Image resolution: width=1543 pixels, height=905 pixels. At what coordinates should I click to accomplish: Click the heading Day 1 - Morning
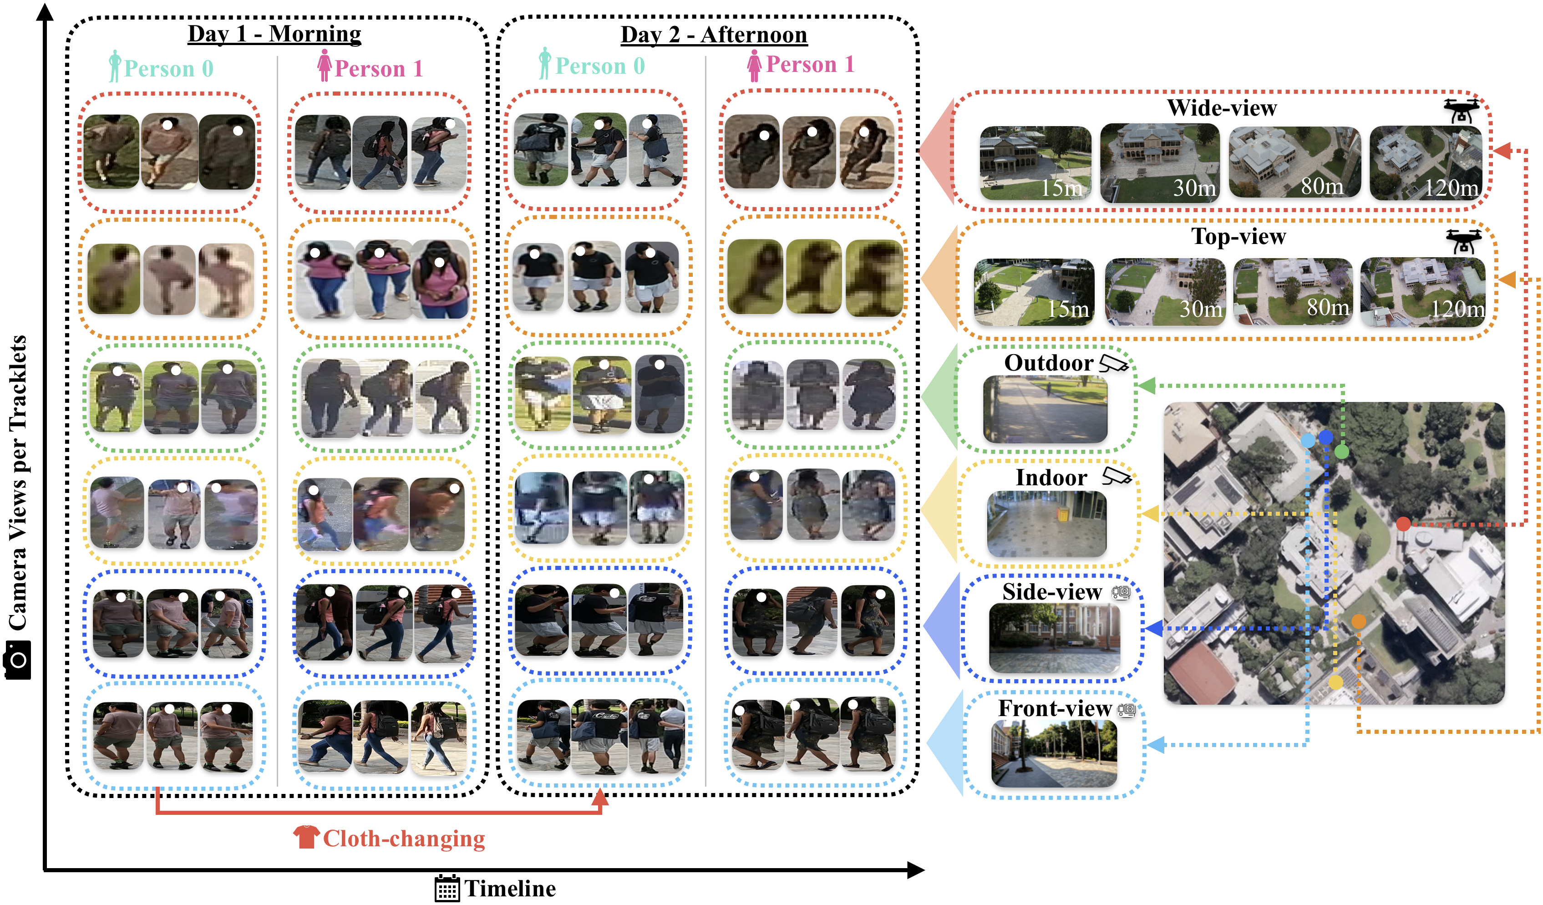[x=274, y=34]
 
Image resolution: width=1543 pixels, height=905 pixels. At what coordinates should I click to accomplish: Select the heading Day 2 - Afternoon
[x=714, y=35]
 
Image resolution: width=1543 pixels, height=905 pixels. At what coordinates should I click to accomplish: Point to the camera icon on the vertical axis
[x=18, y=660]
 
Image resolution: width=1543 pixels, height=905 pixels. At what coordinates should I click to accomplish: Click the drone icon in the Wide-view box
[x=1461, y=111]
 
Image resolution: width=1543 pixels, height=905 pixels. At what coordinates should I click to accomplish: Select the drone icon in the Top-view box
[x=1463, y=241]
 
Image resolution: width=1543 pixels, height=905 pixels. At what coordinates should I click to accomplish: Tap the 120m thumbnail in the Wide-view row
[x=1426, y=163]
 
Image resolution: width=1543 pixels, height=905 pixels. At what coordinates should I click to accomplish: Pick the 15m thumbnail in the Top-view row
[x=1034, y=291]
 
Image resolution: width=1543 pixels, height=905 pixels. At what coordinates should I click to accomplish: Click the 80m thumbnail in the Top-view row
[x=1293, y=291]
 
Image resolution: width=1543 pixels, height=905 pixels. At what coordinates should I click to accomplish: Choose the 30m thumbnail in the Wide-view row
[x=1160, y=163]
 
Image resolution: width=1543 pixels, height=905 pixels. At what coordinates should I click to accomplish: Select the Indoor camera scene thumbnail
[x=1046, y=524]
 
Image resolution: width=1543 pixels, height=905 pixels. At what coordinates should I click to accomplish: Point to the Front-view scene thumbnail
[x=1054, y=753]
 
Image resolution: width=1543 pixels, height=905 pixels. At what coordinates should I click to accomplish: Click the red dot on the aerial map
[x=1403, y=524]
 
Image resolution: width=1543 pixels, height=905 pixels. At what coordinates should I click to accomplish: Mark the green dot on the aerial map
[x=1341, y=452]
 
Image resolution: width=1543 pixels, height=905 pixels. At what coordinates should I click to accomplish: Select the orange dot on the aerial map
[x=1359, y=621]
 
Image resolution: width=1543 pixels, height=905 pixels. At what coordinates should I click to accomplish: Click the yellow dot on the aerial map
[x=1335, y=682]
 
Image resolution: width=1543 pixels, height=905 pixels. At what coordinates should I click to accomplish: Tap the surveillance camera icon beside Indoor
[x=1116, y=476]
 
